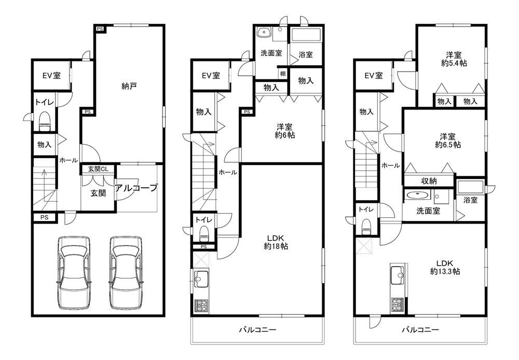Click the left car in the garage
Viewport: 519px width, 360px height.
(73, 273)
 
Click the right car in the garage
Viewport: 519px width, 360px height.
(126, 273)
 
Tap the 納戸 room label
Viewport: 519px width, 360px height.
(129, 87)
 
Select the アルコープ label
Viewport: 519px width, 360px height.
(135, 188)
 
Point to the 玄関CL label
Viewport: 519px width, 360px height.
(98, 169)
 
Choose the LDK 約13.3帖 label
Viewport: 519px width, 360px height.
(445, 267)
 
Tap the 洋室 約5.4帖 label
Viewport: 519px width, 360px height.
(454, 59)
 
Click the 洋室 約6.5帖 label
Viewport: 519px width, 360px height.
(448, 141)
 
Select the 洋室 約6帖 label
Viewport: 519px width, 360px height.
(284, 131)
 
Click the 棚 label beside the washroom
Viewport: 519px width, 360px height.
(283, 74)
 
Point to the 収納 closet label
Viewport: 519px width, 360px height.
(429, 181)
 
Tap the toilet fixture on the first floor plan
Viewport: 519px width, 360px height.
(44, 121)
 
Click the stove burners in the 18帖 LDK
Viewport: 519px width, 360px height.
(201, 306)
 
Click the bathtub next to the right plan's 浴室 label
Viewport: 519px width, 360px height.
(470, 187)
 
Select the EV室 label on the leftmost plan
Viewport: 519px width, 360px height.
(51, 75)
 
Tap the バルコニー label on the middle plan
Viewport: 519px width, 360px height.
(258, 329)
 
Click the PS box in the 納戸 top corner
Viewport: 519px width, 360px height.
(100, 29)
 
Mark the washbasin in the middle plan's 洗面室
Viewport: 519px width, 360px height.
(264, 32)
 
